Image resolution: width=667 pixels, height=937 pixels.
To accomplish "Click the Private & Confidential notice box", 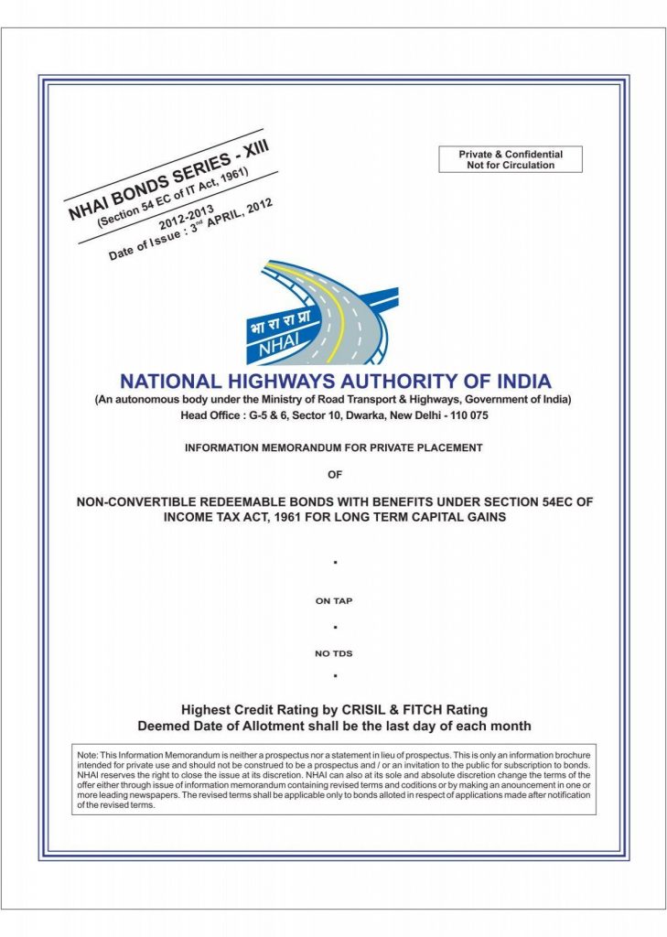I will [511, 159].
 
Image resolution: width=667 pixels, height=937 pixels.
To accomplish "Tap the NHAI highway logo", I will [322, 311].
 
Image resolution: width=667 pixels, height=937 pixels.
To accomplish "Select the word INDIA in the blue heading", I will [521, 381].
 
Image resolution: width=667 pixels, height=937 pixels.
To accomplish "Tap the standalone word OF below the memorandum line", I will [334, 474].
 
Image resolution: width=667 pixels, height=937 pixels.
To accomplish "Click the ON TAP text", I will [334, 601].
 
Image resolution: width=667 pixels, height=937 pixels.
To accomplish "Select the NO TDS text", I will [334, 653].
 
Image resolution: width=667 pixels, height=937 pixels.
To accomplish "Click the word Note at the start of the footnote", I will [87, 753].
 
